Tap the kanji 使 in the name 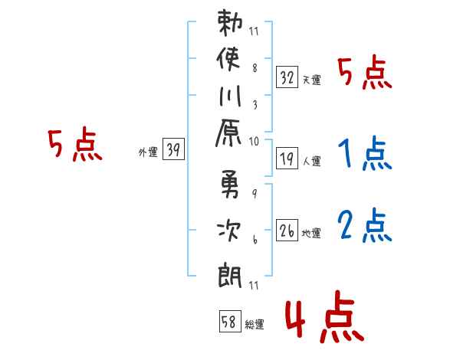click(x=228, y=58)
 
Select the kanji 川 click(x=230, y=97)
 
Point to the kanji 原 click(x=228, y=133)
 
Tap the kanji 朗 click(x=230, y=275)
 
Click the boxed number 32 click(x=287, y=77)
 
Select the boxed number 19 click(x=287, y=159)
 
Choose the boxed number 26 click(x=287, y=230)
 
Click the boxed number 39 click(x=174, y=149)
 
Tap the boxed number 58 click(x=230, y=321)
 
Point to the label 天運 click(x=312, y=80)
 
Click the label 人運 click(x=312, y=161)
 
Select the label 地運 click(x=311, y=233)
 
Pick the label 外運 click(x=148, y=152)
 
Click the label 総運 click(x=255, y=324)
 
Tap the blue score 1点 click(x=365, y=153)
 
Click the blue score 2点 click(x=365, y=225)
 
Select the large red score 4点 click(x=325, y=316)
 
